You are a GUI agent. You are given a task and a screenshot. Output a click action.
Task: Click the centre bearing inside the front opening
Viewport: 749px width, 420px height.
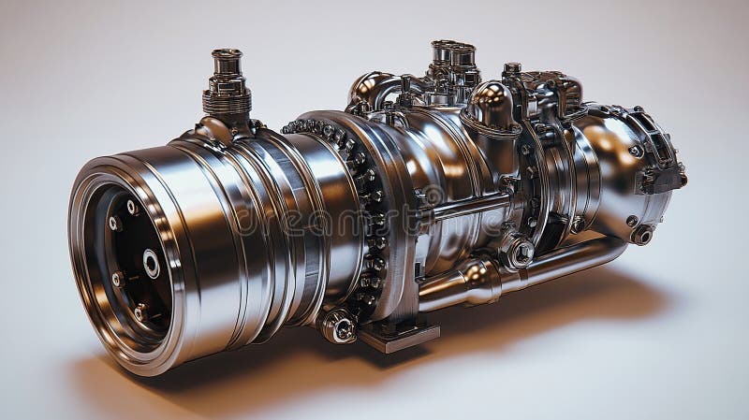[x=151, y=264]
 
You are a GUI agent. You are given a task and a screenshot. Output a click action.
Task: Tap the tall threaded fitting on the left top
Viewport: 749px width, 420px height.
[x=227, y=84]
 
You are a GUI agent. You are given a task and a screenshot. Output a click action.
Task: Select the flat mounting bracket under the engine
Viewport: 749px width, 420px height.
[x=398, y=335]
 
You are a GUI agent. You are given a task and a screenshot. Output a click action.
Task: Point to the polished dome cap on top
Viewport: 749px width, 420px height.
[x=488, y=104]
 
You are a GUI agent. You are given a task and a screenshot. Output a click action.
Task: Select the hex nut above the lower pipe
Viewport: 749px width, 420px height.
[x=519, y=251]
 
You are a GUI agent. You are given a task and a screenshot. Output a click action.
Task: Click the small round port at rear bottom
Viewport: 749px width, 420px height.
[x=641, y=234]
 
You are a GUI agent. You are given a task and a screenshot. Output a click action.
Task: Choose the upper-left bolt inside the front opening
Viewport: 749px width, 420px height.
[x=115, y=224]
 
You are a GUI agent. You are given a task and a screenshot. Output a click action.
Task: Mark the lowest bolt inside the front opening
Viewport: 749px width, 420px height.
[x=140, y=313]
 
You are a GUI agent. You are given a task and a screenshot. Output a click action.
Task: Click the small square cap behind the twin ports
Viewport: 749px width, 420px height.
[x=512, y=70]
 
